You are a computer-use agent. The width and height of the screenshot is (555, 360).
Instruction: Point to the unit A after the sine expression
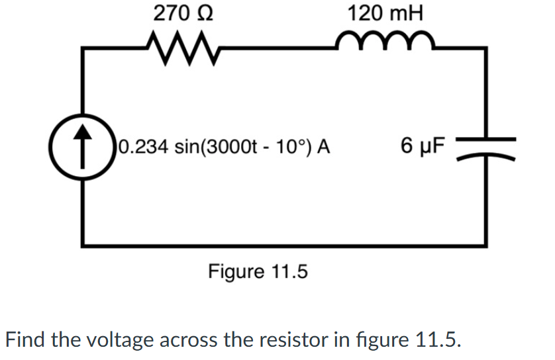tap(324, 145)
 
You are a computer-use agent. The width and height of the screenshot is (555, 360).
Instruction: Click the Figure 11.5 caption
tap(258, 271)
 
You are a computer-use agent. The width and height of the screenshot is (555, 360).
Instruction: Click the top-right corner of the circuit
tap(487, 48)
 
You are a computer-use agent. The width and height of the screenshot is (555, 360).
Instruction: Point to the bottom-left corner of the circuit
tap(83, 246)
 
